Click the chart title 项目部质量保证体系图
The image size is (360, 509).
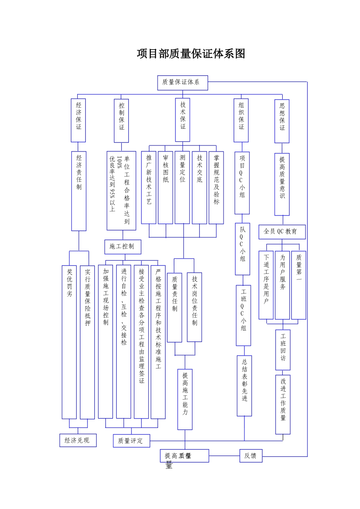pyautogui.click(x=191, y=54)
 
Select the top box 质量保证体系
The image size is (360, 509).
pyautogui.click(x=182, y=82)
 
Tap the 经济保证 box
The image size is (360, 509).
pyautogui.click(x=78, y=120)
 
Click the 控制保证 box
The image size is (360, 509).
pyautogui.click(x=121, y=120)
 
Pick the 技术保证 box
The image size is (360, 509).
pyautogui.click(x=183, y=120)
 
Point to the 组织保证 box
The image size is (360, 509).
pyautogui.click(x=241, y=120)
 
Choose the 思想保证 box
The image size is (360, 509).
pyautogui.click(x=282, y=121)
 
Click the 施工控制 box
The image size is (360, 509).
pyautogui.click(x=122, y=247)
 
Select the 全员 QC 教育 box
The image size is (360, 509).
pyautogui.click(x=282, y=232)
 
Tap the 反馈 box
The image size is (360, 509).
pyautogui.click(x=250, y=456)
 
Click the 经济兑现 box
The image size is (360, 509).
pyautogui.click(x=78, y=440)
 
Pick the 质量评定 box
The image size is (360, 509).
pyautogui.click(x=131, y=441)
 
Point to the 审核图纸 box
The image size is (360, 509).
pyautogui.click(x=166, y=187)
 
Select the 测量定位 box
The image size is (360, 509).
pyautogui.click(x=182, y=187)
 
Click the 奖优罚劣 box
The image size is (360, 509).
pyautogui.click(x=69, y=342)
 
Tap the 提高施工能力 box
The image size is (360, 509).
pyautogui.click(x=185, y=399)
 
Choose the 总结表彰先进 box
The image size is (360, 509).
pyautogui.click(x=244, y=386)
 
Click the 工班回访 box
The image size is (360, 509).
pyautogui.click(x=283, y=350)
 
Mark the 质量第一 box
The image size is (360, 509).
pyautogui.click(x=299, y=285)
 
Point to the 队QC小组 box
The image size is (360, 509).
pyautogui.click(x=243, y=249)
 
